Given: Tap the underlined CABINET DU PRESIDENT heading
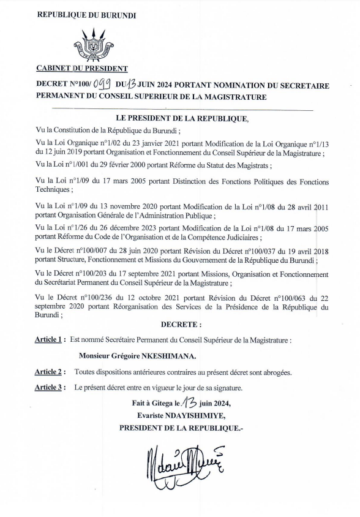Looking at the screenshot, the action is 82,69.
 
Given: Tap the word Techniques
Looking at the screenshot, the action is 52,190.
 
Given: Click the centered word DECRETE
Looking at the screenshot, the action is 181,323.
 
